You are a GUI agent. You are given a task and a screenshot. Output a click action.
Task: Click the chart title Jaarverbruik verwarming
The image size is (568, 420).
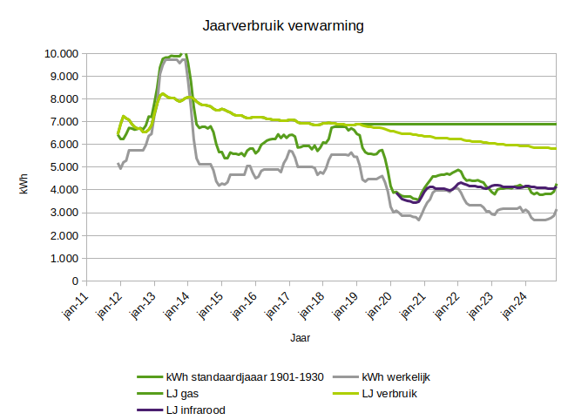pos(283,26)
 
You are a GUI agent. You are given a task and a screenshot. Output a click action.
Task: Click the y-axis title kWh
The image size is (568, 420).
pos(26,166)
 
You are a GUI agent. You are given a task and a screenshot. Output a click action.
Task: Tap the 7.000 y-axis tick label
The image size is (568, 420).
pos(61,121)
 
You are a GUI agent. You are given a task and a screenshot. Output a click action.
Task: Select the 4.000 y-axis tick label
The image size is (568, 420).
pos(61,190)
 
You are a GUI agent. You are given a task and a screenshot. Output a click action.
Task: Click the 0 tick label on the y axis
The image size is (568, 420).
pos(74,281)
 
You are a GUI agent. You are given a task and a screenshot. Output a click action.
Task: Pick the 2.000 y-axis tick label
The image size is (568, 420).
pos(61,235)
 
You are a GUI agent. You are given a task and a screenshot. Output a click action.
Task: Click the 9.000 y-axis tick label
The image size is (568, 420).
pos(61,76)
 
